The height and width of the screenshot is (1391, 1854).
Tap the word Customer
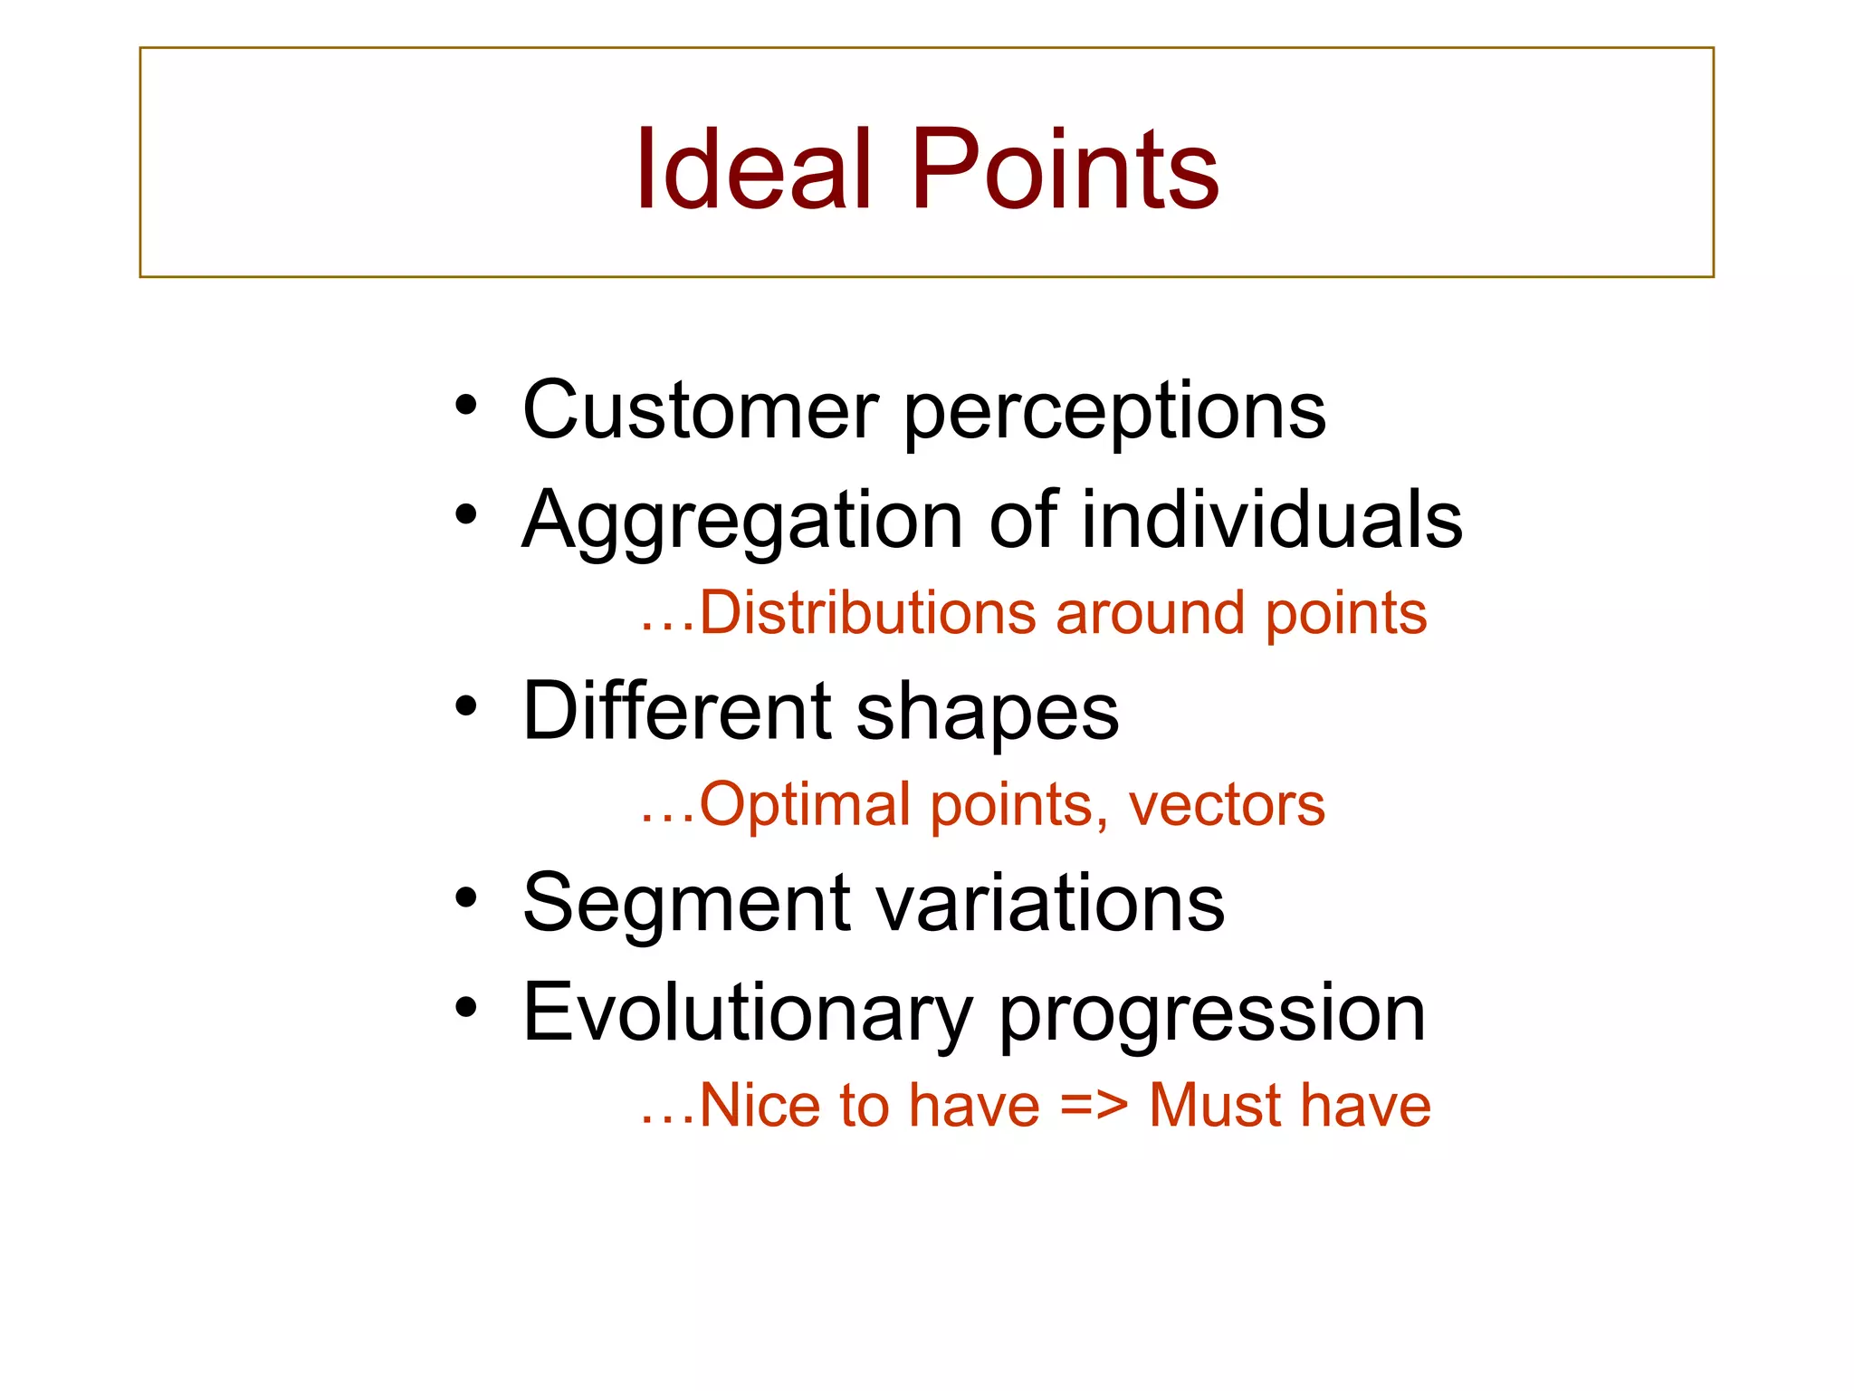click(x=700, y=410)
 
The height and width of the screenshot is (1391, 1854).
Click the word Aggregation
click(x=742, y=522)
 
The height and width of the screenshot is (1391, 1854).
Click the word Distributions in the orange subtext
click(x=866, y=613)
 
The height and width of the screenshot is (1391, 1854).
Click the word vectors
click(x=1227, y=805)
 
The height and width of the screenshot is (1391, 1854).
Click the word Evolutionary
click(x=747, y=1014)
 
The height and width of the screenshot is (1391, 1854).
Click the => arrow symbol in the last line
click(x=1094, y=1106)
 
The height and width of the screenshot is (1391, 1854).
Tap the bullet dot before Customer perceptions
click(x=466, y=405)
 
